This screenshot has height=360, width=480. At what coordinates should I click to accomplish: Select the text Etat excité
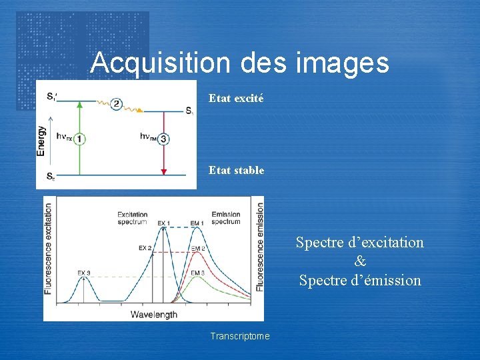[x=236, y=98]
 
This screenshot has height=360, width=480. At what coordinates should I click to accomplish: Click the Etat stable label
[x=236, y=170]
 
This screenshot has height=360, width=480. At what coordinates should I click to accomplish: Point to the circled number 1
[x=79, y=139]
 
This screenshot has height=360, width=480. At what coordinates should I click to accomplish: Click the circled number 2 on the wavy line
[x=117, y=103]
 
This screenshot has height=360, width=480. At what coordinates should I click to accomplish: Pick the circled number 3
[x=163, y=139]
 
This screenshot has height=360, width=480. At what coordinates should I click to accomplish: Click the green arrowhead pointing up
[x=79, y=104]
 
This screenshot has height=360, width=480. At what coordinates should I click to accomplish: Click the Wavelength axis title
[x=154, y=314]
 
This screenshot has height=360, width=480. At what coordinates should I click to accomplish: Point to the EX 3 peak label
[x=84, y=273]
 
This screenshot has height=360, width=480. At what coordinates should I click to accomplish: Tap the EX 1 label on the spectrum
[x=164, y=223]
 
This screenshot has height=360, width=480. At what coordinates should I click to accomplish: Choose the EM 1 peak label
[x=197, y=223]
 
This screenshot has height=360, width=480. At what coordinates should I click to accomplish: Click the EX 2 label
[x=145, y=248]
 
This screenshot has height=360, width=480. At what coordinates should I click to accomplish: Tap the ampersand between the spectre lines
[x=360, y=261]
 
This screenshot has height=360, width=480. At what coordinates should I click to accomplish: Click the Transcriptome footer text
[x=240, y=336]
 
